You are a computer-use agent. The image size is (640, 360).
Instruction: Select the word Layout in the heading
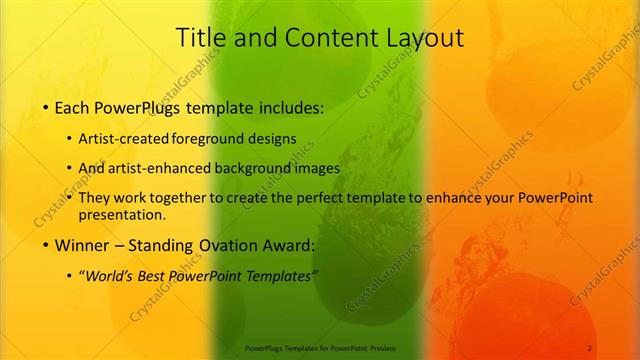tap(423, 38)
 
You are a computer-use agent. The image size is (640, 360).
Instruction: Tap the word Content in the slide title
tap(325, 38)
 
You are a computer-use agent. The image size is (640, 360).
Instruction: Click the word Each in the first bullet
tap(76, 106)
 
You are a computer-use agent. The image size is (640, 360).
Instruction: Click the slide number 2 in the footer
tap(590, 347)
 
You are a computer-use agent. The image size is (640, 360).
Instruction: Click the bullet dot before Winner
tap(46, 245)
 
